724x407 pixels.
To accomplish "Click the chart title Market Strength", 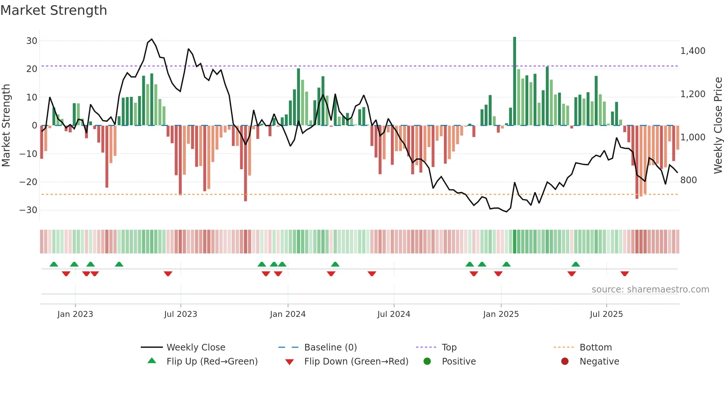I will [54, 10].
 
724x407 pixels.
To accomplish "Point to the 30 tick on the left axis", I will [32, 41].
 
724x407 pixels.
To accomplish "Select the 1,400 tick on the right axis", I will [693, 51].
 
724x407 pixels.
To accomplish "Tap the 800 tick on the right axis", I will [688, 180].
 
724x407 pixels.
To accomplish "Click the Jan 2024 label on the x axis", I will [288, 314].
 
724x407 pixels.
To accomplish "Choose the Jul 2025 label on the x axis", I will [606, 314].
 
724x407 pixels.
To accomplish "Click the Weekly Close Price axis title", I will [718, 126].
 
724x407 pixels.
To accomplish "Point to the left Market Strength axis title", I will [6, 126].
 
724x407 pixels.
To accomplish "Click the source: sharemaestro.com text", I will [650, 290].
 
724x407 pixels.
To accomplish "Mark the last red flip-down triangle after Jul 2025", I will [625, 274].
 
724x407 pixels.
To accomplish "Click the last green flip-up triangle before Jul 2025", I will [576, 264].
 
